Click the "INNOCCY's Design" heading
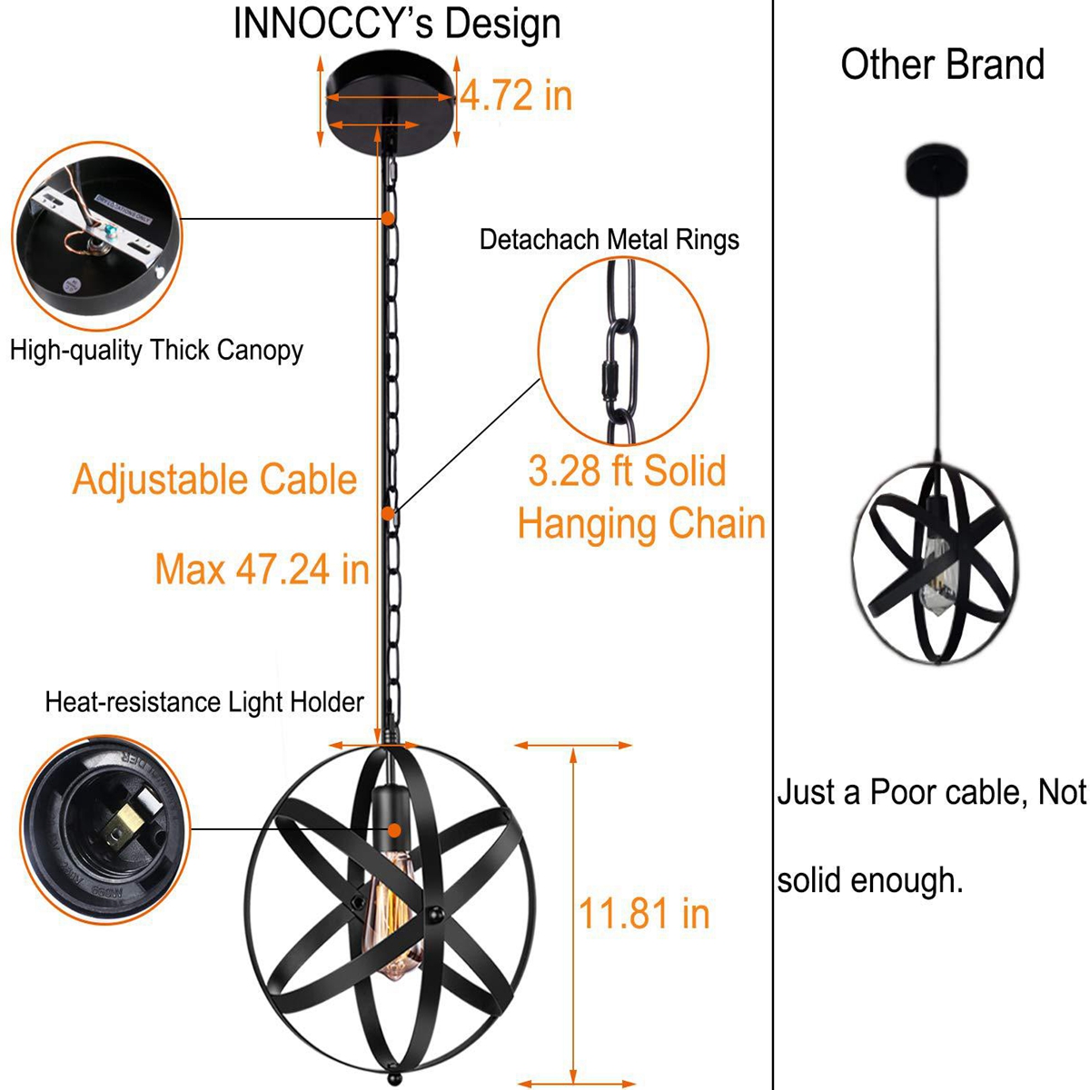397,25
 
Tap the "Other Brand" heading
942,64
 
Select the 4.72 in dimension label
516,95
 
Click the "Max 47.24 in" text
263,569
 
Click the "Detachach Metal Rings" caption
609,240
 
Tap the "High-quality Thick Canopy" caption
156,351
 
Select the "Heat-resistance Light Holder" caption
204,702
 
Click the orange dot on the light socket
395,830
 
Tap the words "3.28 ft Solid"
627,471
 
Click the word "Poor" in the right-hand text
903,792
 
